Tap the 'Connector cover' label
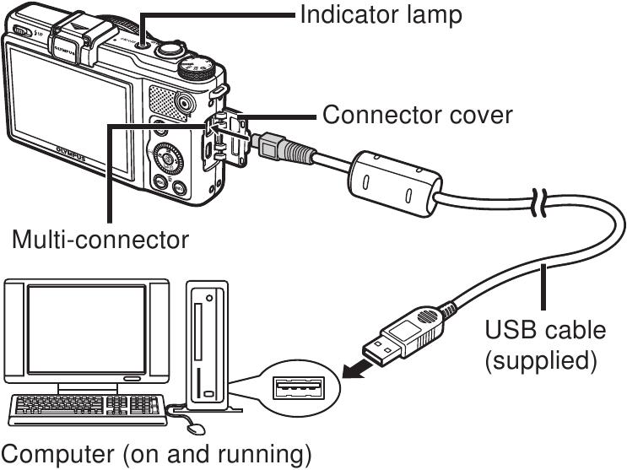point(417,114)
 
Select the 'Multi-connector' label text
point(100,240)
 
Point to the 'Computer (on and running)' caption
point(156,455)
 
